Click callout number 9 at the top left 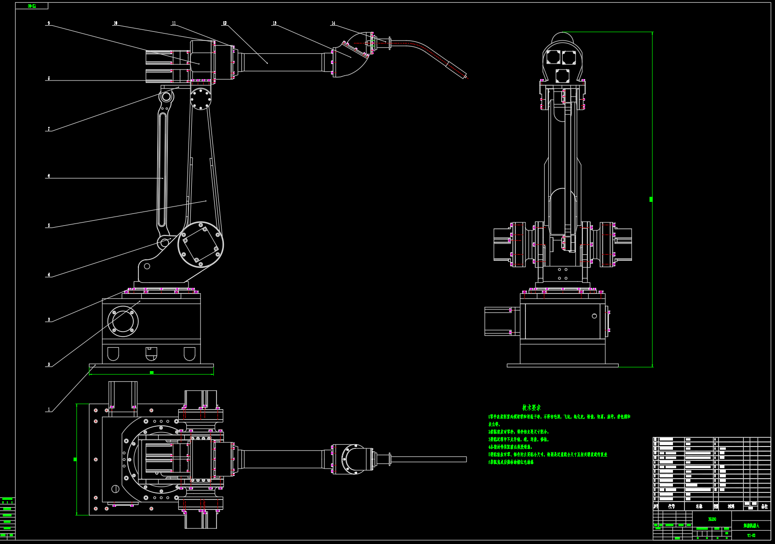(48, 23)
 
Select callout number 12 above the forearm (225, 23)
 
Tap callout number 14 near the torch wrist (333, 23)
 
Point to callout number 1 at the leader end (49, 410)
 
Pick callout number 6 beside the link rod (48, 176)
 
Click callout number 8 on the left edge (49, 79)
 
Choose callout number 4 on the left (49, 275)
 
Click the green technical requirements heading (531, 407)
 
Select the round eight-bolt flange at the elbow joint (200, 99)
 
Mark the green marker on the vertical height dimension (651, 199)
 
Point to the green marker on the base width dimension (152, 372)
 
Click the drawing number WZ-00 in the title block (751, 535)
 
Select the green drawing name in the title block (751, 526)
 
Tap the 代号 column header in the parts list (672, 506)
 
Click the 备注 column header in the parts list (764, 506)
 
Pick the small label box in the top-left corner (32, 6)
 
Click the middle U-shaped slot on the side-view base (151, 353)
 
